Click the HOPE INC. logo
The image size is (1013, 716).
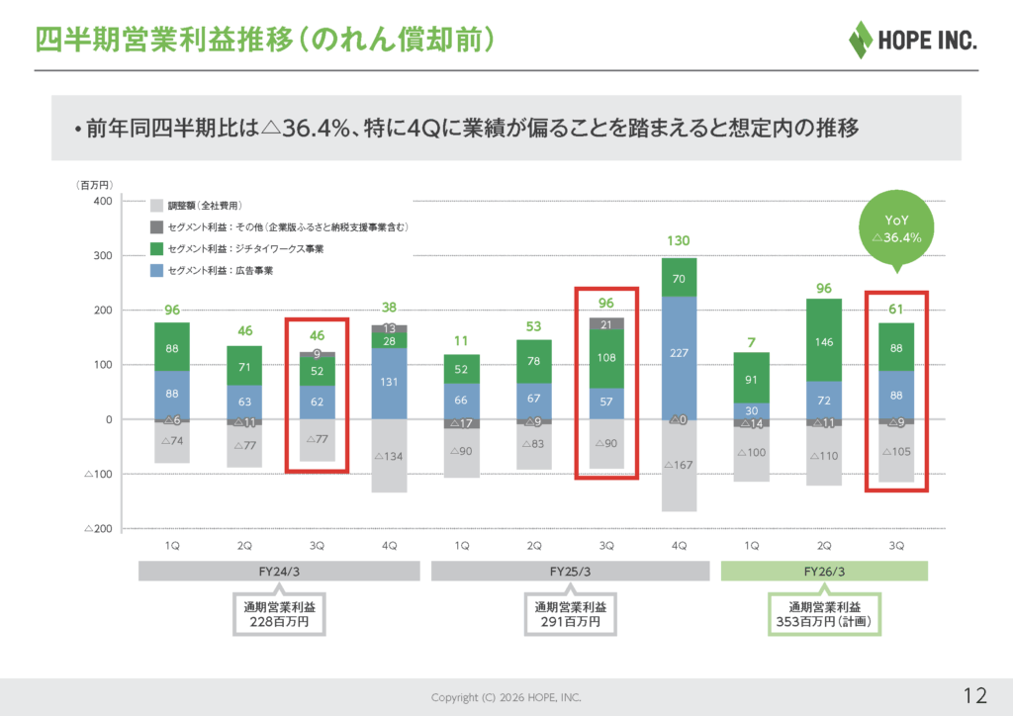(912, 40)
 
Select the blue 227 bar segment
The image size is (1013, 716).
(680, 351)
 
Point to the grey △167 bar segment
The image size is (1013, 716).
(680, 465)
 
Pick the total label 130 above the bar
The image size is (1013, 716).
(680, 240)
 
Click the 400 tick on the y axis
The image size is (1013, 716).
(101, 201)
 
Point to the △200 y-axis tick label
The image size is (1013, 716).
(97, 529)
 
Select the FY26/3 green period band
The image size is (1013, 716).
(824, 572)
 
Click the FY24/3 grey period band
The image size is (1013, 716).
(282, 572)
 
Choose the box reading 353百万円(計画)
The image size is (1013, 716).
(824, 613)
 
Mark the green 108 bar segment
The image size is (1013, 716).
(606, 358)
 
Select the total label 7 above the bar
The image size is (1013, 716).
(752, 342)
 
